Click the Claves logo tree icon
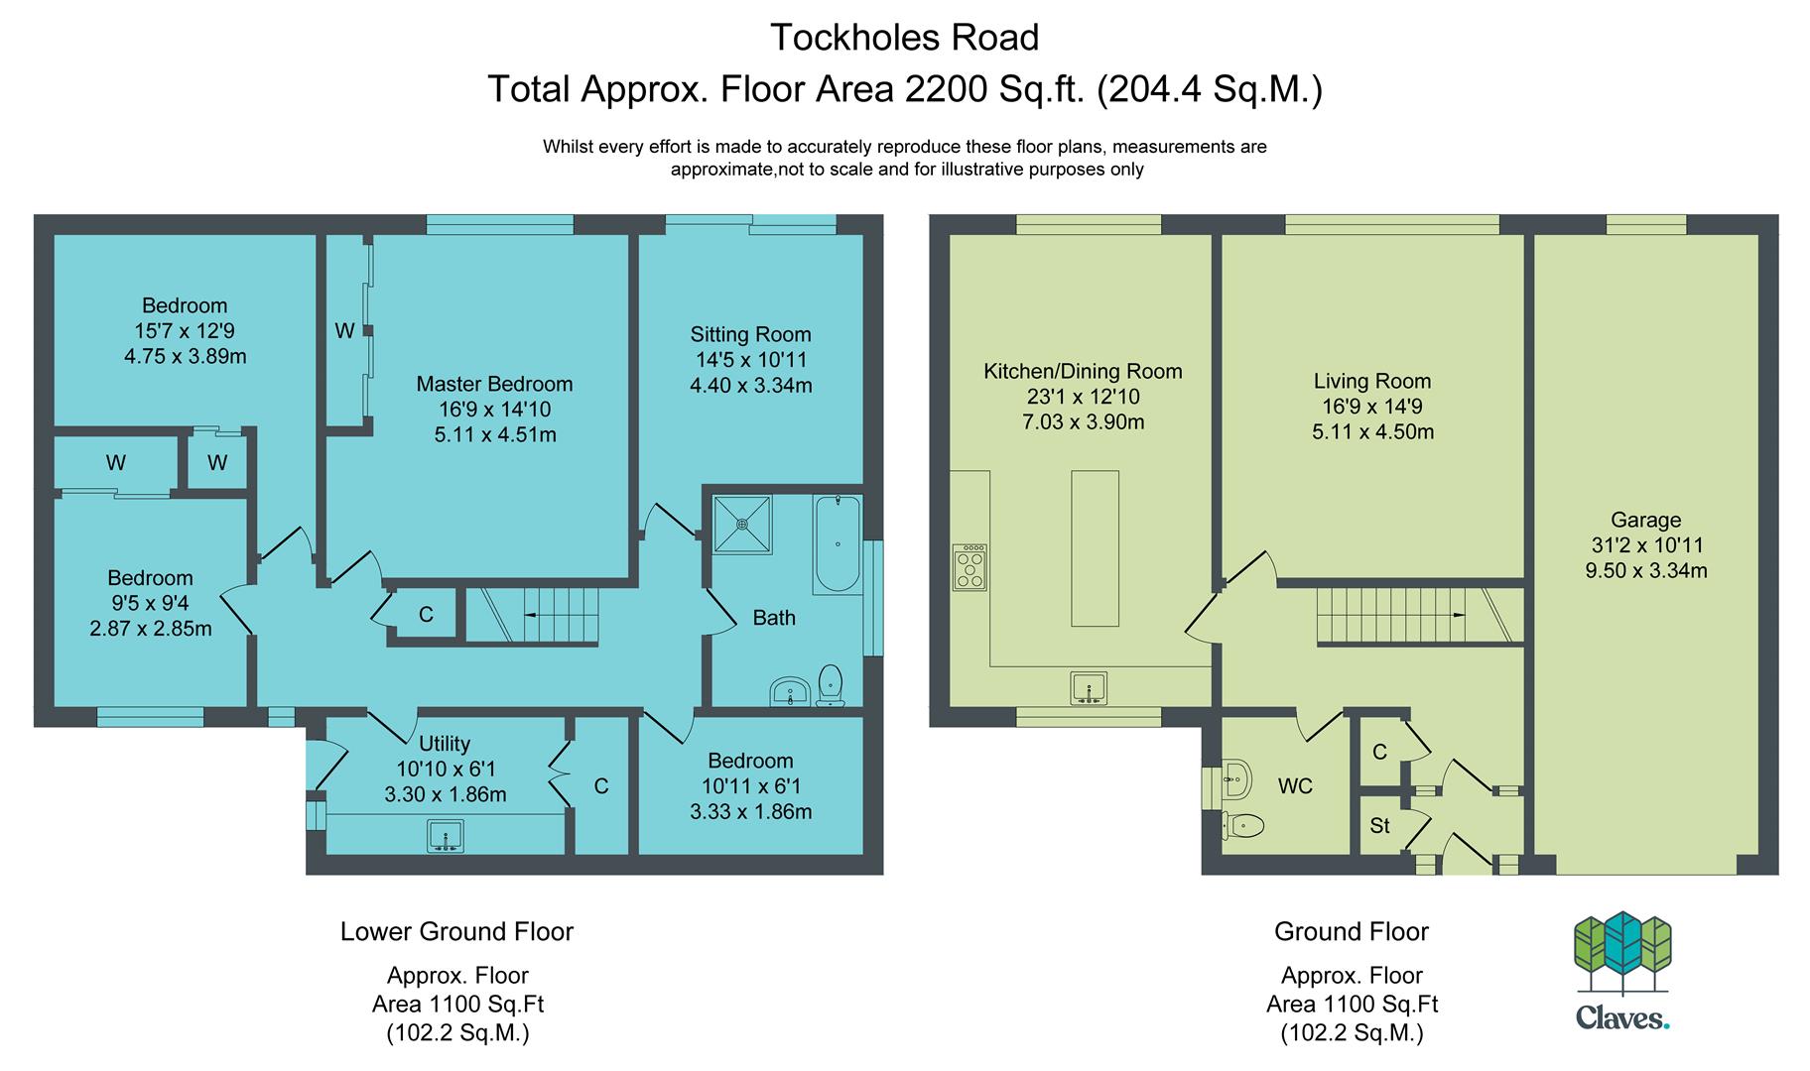(x=1622, y=952)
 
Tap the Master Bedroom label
(x=494, y=384)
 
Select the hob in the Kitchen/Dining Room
(x=970, y=567)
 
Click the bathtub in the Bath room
(x=837, y=544)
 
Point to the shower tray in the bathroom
(x=742, y=523)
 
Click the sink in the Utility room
(x=446, y=836)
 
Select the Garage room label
(x=1645, y=520)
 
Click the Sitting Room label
(x=750, y=334)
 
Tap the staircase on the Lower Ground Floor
(x=533, y=615)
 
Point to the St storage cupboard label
(x=1379, y=825)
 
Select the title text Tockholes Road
(x=904, y=38)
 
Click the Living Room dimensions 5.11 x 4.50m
(x=1372, y=431)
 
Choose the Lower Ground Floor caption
(x=456, y=932)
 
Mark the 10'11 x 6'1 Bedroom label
(x=750, y=786)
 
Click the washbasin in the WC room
(x=1234, y=779)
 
